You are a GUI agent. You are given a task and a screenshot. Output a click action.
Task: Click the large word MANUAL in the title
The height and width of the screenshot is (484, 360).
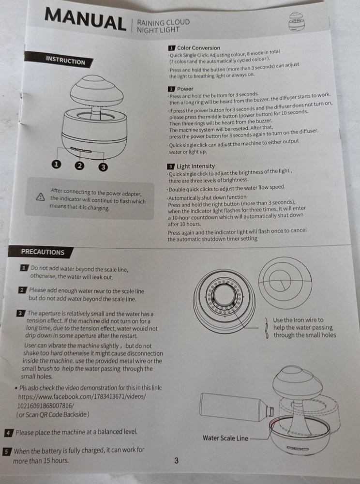85,20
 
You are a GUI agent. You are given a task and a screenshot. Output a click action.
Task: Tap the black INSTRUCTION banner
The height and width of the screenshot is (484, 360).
59,60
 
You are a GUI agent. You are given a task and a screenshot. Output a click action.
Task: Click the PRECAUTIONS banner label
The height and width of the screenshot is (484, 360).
41,252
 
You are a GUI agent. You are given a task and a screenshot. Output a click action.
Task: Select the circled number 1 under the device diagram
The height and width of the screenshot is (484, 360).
57,165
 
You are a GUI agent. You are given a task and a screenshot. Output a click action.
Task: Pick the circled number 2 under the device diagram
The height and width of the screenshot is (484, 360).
79,166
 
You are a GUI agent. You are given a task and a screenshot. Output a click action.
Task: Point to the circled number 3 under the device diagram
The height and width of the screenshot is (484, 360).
103,167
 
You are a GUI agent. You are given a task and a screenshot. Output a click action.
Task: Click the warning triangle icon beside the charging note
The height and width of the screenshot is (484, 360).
41,197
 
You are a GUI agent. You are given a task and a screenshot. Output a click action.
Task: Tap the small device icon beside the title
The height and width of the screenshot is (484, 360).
297,22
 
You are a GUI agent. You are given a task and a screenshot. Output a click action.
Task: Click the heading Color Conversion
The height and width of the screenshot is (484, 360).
199,48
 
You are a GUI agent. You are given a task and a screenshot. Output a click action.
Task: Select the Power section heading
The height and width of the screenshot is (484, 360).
185,89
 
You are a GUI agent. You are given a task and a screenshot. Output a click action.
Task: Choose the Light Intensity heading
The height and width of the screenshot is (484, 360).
195,166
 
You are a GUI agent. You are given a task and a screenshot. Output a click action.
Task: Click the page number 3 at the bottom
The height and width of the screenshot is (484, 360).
176,461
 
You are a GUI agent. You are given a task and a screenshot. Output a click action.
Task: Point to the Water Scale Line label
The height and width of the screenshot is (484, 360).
225,438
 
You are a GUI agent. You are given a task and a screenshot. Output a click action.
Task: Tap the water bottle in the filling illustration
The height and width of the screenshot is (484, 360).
237,408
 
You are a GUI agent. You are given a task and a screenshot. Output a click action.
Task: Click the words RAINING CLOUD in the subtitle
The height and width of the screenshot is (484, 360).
164,22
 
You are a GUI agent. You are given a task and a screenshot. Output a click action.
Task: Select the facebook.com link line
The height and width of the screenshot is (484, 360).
82,396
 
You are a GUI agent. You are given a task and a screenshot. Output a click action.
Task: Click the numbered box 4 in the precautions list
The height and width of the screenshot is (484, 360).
8,433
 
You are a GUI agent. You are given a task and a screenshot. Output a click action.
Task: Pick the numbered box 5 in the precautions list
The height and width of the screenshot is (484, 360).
6,452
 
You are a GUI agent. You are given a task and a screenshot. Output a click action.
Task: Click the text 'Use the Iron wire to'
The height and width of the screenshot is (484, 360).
298,320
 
